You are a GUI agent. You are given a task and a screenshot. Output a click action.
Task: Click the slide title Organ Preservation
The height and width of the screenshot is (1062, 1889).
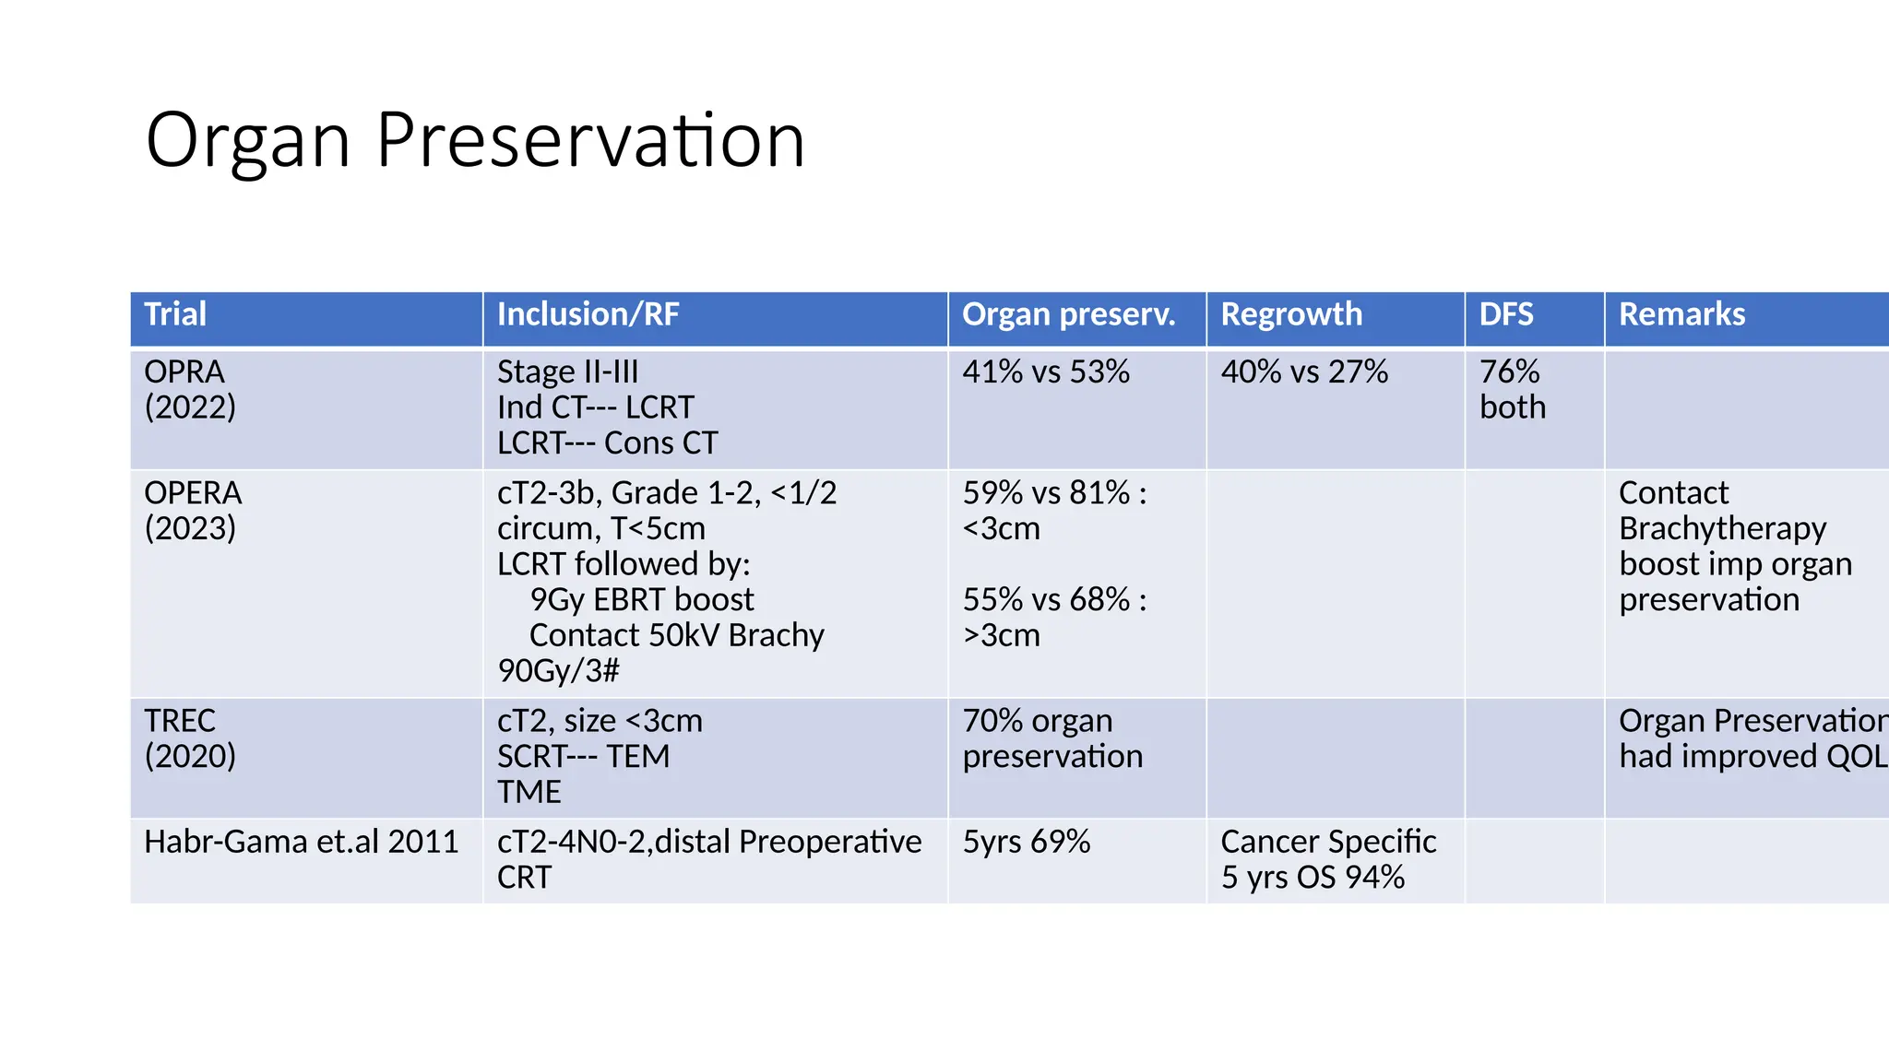click(475, 140)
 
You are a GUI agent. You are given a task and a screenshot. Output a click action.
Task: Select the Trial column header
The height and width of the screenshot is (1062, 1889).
click(175, 314)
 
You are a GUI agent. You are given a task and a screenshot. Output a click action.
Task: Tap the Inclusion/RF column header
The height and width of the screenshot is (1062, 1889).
click(588, 314)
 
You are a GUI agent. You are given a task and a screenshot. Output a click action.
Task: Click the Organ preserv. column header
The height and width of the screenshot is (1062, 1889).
click(1068, 314)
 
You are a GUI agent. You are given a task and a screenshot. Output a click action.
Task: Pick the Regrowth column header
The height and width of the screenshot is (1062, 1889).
click(1290, 314)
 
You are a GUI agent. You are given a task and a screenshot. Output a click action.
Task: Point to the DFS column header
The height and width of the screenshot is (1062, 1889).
click(1505, 314)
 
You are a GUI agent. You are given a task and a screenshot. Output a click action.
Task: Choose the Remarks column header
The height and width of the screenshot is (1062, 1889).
click(1681, 314)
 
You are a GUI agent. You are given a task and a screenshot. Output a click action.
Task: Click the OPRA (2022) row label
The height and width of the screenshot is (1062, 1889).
click(190, 389)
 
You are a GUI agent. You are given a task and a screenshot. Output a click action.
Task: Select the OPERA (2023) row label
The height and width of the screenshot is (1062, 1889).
click(193, 510)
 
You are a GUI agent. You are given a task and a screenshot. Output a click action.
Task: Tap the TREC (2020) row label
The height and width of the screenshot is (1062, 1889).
click(190, 737)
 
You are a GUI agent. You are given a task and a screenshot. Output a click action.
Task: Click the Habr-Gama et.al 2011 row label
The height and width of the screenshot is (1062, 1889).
click(301, 842)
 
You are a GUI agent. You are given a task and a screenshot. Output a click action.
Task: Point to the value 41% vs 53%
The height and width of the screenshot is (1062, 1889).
click(1045, 372)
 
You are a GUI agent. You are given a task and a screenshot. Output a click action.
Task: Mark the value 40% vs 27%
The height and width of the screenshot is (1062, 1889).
click(1304, 372)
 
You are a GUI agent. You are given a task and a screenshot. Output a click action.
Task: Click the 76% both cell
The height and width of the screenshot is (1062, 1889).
click(1513, 389)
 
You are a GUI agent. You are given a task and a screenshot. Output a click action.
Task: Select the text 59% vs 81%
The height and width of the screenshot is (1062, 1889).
click(1046, 493)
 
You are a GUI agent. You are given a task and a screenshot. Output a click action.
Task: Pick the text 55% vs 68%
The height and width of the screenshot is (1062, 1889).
click(1046, 600)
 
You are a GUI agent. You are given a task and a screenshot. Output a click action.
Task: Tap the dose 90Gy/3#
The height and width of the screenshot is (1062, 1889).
click(558, 671)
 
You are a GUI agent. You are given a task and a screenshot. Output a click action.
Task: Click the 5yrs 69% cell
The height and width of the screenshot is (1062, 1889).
click(1026, 842)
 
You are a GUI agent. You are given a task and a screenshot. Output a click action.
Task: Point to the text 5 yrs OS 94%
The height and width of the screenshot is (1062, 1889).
click(1313, 878)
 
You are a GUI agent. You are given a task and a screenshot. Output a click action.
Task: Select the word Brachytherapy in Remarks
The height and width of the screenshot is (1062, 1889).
click(1722, 528)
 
